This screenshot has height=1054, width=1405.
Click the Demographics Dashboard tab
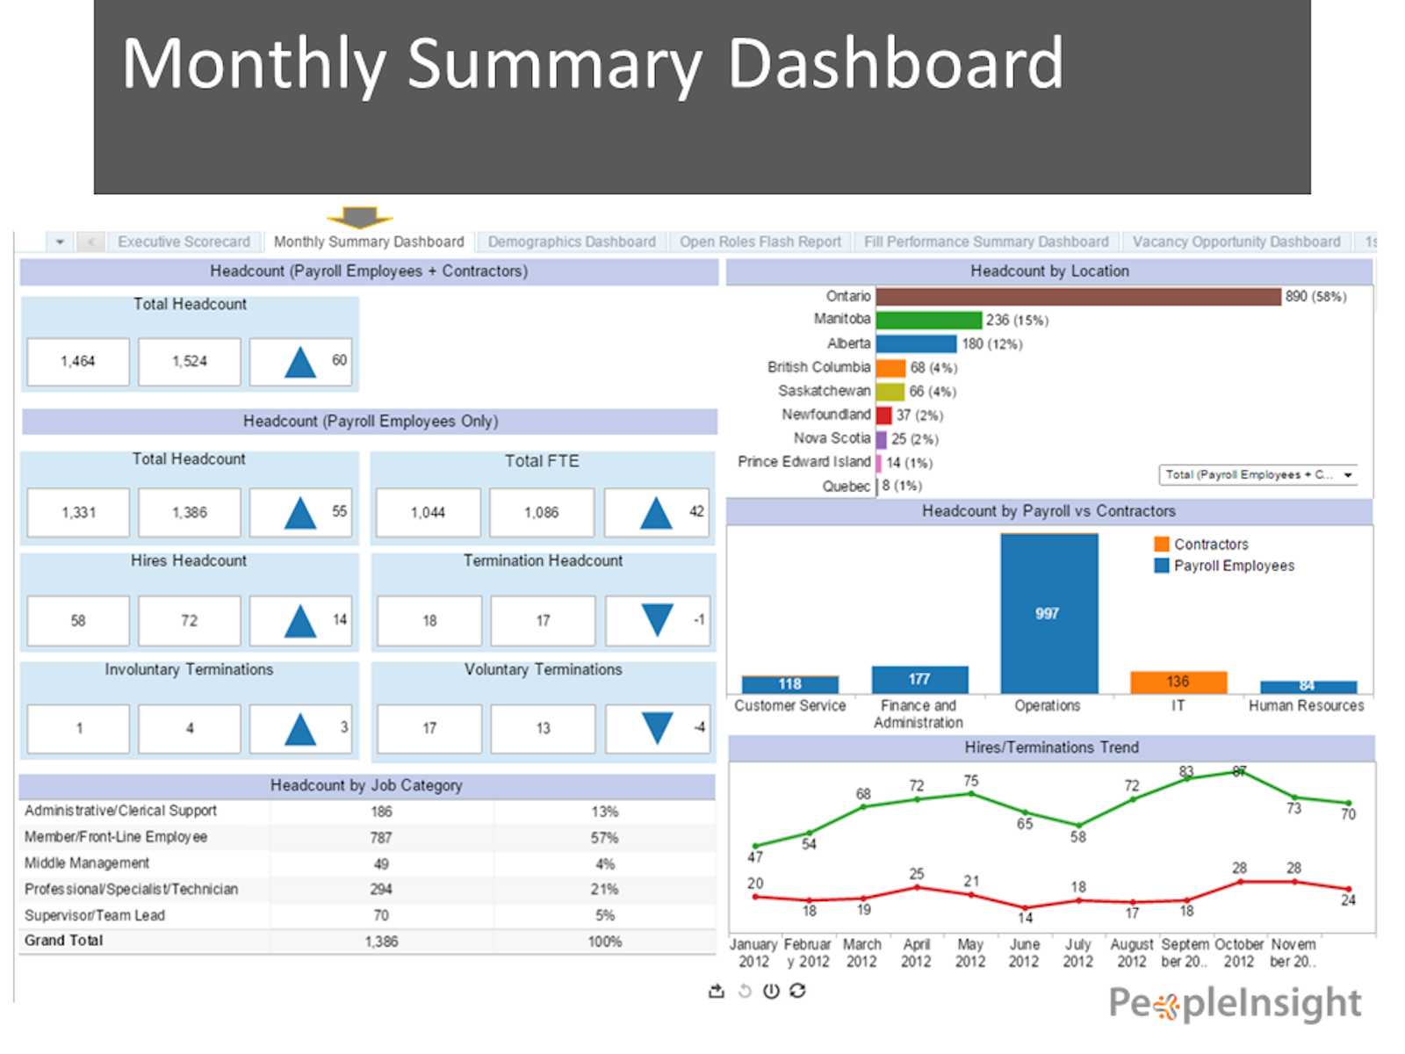(572, 242)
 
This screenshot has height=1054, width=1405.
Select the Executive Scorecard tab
(184, 242)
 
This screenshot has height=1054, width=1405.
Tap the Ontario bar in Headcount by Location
(1078, 297)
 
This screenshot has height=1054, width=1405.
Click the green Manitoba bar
(928, 320)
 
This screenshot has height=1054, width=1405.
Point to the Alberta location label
(848, 343)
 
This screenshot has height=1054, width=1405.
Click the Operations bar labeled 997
(1048, 613)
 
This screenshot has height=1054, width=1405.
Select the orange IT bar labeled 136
(1178, 682)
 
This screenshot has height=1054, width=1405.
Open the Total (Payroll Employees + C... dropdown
(1257, 475)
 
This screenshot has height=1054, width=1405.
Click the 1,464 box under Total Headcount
(78, 361)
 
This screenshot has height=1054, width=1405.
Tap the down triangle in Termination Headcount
(657, 619)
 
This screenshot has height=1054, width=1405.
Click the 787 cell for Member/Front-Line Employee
(381, 838)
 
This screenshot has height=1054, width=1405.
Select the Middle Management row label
(87, 863)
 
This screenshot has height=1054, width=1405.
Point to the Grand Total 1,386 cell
(381, 942)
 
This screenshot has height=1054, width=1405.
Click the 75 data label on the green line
(970, 781)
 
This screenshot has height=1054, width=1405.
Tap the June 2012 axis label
(1024, 953)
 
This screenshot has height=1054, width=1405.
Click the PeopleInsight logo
(1235, 1003)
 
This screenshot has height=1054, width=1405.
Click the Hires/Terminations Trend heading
(1051, 747)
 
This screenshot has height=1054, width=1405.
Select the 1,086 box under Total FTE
(541, 512)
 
